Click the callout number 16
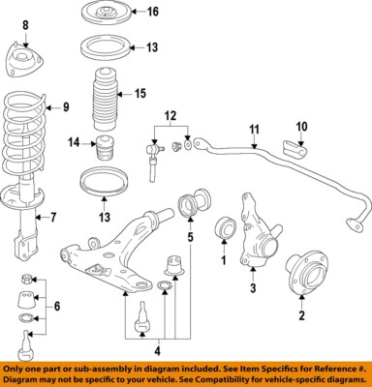pyautogui.click(x=151, y=12)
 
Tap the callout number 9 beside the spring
pyautogui.click(x=66, y=107)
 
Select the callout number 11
pyautogui.click(x=254, y=130)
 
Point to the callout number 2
pyautogui.click(x=300, y=314)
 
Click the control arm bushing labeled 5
pyautogui.click(x=192, y=206)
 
